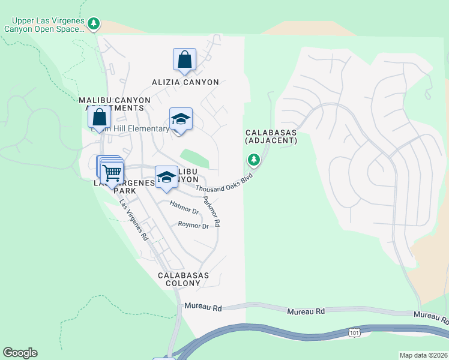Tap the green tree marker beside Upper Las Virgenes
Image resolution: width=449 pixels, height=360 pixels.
(x=93, y=24)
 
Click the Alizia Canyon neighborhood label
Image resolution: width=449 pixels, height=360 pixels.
(x=185, y=82)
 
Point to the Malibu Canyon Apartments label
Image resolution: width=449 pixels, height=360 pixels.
(x=111, y=103)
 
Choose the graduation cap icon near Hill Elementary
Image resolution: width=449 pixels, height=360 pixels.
(x=181, y=119)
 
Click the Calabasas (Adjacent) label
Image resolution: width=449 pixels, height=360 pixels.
(x=271, y=136)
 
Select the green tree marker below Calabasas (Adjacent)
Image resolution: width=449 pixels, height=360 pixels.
(x=254, y=160)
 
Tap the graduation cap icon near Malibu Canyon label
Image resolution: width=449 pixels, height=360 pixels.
(x=166, y=177)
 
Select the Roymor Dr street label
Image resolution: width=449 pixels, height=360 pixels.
(x=193, y=226)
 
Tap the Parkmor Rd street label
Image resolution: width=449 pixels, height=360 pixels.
(x=211, y=212)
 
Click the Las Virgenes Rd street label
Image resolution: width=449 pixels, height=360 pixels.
(x=133, y=220)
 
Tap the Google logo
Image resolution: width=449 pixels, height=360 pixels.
(x=20, y=353)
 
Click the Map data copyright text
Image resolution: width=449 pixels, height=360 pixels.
(x=423, y=355)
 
